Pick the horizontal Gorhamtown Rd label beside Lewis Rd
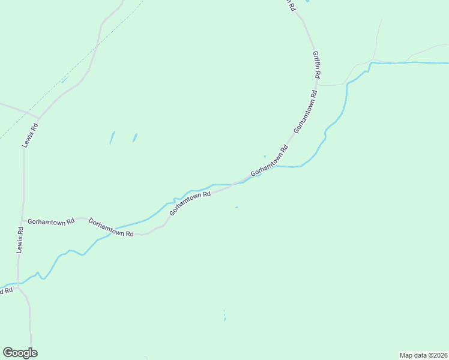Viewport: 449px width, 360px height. [x=51, y=221]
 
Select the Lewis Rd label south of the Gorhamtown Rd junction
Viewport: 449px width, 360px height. [x=20, y=238]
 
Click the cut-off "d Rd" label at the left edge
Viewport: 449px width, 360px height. [x=6, y=291]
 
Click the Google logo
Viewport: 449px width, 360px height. [x=20, y=353]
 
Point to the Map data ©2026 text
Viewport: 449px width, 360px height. [x=423, y=355]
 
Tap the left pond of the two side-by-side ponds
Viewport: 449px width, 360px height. [x=112, y=138]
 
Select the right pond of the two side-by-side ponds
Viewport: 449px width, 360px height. [x=134, y=137]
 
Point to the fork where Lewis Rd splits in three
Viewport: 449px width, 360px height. [x=38, y=117]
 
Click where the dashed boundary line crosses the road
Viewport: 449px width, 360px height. [x=97, y=45]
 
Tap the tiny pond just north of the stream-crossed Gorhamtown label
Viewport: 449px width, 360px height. [x=264, y=157]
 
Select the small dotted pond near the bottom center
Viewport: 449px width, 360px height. [x=224, y=315]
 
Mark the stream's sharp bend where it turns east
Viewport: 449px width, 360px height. [x=371, y=63]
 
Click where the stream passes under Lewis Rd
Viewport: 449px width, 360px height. [x=19, y=283]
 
